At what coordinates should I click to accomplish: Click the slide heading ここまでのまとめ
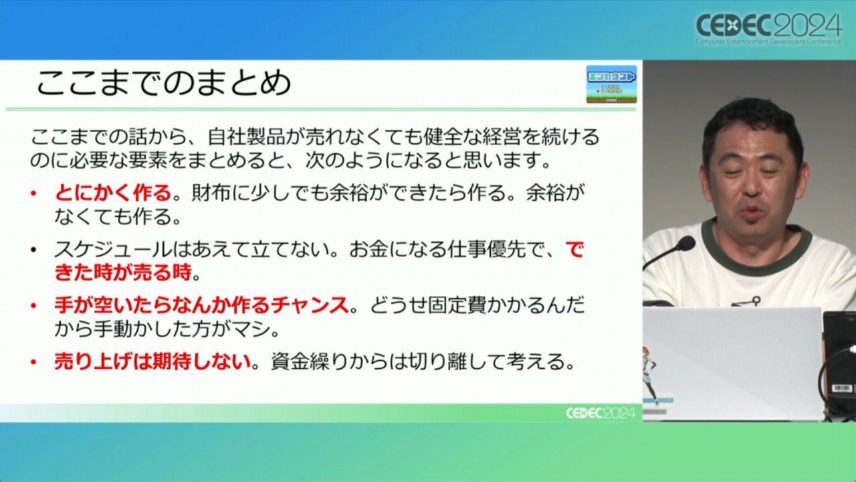pyautogui.click(x=164, y=82)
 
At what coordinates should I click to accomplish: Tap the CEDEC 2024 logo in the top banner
pyautogui.click(x=769, y=29)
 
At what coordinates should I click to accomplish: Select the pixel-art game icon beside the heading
pyautogui.click(x=611, y=84)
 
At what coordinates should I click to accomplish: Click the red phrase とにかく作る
pyautogui.click(x=113, y=192)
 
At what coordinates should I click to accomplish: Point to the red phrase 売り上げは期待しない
pyautogui.click(x=152, y=361)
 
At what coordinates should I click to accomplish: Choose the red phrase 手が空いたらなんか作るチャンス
pyautogui.click(x=201, y=305)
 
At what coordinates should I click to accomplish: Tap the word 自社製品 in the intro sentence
pyautogui.click(x=246, y=137)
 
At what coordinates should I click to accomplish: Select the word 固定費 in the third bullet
pyautogui.click(x=457, y=305)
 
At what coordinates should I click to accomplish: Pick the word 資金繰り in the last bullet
pyautogui.click(x=310, y=361)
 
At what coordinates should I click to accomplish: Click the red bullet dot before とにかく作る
pyautogui.click(x=33, y=193)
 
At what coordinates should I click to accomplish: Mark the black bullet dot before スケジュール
pyautogui.click(x=33, y=250)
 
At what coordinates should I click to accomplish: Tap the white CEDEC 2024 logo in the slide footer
pyautogui.click(x=601, y=413)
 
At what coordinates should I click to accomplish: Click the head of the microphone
pyautogui.click(x=686, y=244)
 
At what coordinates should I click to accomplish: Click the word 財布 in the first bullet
pyautogui.click(x=211, y=192)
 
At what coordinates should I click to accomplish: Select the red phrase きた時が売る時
pyautogui.click(x=122, y=272)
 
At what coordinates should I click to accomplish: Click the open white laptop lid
pyautogui.click(x=732, y=364)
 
